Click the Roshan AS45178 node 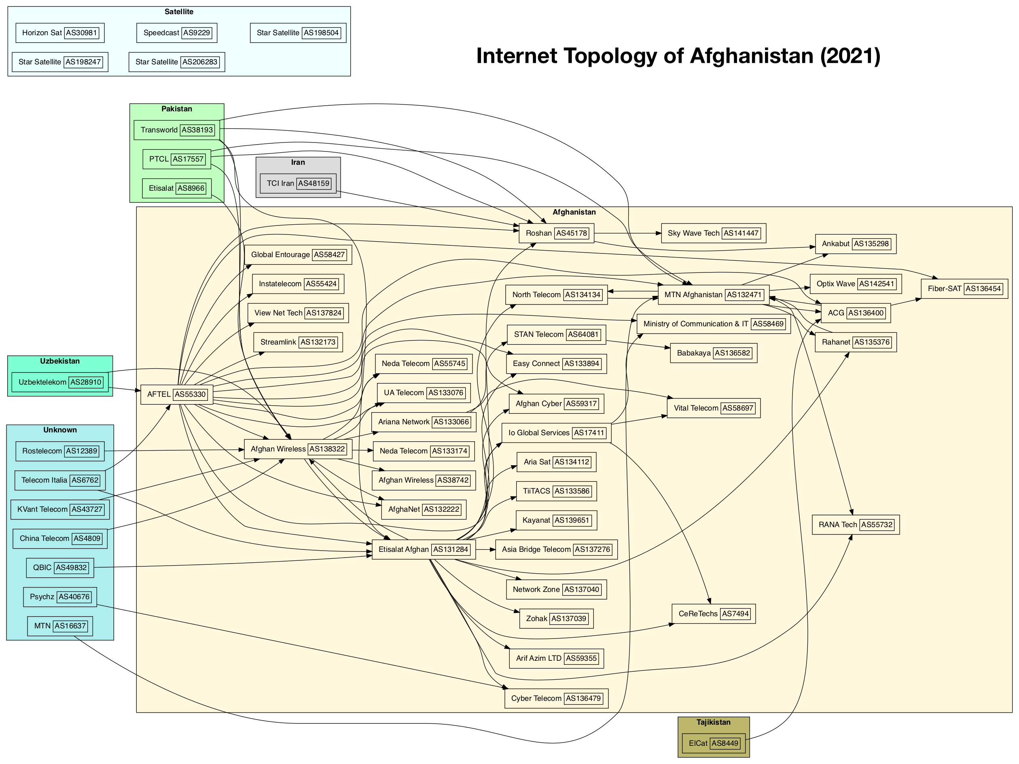557,233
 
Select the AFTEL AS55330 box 177,394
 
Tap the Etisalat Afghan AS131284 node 424,549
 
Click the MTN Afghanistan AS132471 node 714,295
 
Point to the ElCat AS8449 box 714,743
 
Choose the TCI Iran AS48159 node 299,183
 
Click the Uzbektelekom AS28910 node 60,382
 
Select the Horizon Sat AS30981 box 60,33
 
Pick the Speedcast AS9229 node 177,33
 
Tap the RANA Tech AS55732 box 856,525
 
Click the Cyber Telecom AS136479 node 557,698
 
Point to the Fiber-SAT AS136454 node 965,289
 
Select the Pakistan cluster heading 177,109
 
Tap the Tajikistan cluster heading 714,722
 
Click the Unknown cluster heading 60,430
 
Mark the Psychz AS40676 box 60,597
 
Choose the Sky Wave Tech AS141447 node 714,233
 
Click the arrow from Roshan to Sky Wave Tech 628,233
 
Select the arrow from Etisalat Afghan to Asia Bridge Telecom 485,549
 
